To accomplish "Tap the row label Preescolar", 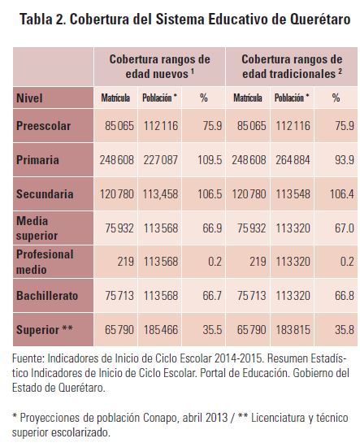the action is point(43,126).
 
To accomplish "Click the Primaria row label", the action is point(37,160).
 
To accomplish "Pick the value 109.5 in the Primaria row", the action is point(210,160).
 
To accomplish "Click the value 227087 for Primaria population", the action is point(161,160).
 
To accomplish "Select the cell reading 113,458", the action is point(160,194).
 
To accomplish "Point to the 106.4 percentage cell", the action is point(342,194).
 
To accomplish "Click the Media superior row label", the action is point(37,228).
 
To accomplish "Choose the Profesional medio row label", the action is point(45,262).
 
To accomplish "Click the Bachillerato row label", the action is point(47,296).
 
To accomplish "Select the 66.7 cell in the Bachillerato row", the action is point(212,296).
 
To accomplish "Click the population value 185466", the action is point(161,330).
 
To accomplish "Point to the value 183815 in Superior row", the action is point(293,330).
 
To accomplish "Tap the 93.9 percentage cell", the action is point(345,160).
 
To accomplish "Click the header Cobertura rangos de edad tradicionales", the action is point(292,67).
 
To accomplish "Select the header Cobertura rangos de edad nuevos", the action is point(159,67).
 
